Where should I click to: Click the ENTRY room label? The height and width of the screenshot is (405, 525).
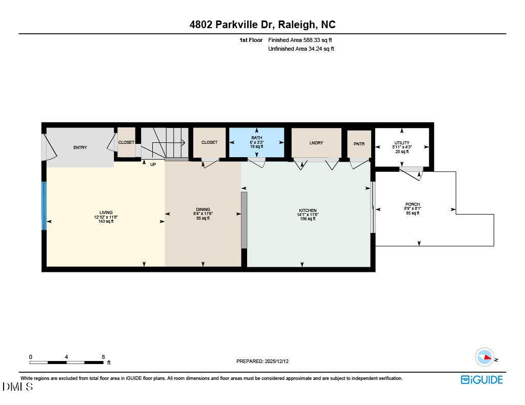coord(80,147)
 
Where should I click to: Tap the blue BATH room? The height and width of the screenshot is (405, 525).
coord(256,142)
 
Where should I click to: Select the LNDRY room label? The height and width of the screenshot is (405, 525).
coord(316,143)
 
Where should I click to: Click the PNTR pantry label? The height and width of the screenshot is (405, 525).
coord(359,144)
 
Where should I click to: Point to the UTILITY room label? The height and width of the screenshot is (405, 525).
coord(402,143)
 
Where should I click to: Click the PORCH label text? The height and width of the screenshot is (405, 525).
coord(413,204)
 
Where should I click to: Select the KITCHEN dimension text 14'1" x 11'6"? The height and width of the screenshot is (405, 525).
coord(308,215)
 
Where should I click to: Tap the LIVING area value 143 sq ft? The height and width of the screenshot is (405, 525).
coord(106,221)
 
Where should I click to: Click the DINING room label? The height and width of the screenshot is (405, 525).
coord(203,210)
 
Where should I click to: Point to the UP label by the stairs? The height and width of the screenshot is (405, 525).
coord(153,164)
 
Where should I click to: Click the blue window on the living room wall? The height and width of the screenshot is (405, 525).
coord(44,205)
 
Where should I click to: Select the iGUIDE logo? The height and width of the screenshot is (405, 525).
coord(481,379)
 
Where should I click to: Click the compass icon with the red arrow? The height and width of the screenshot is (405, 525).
coord(484,357)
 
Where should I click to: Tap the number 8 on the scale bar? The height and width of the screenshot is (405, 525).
coord(103,357)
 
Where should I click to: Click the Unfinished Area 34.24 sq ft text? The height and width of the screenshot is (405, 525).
coord(301,49)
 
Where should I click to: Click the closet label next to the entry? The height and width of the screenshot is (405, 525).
coord(126,142)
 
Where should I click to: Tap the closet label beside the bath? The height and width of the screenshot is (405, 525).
coord(209,142)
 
